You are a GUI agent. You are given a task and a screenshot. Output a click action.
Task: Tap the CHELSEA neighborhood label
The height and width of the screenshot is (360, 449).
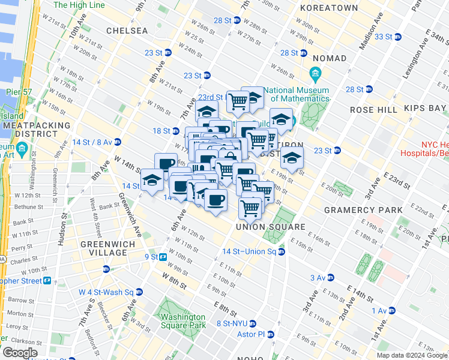(x=127, y=30)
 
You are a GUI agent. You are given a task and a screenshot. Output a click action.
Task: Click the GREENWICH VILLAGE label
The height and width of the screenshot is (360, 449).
(x=103, y=248)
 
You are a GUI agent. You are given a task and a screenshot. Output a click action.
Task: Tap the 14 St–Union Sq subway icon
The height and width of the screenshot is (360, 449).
(x=282, y=251)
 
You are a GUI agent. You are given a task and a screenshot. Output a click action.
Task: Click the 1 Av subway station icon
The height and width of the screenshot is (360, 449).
(x=393, y=310)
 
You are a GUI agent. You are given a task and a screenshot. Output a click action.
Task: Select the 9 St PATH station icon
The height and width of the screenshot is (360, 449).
(x=163, y=257)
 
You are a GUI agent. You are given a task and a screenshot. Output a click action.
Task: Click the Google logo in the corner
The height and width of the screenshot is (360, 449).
(x=19, y=353)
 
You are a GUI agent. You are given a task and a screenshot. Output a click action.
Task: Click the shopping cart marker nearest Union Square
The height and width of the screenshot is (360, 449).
(x=250, y=208)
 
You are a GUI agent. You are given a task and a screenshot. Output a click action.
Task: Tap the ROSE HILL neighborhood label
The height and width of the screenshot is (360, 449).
(x=373, y=110)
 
